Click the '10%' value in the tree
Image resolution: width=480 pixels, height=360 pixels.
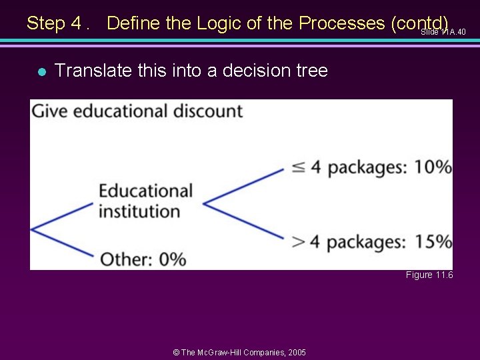click(433, 167)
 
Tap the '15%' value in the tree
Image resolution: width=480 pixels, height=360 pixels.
click(433, 241)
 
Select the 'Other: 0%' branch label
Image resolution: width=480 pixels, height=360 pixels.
click(143, 259)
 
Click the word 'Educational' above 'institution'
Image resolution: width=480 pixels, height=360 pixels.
click(145, 191)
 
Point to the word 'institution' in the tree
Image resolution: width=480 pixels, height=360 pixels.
click(139, 211)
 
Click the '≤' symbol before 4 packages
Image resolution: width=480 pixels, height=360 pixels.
click(299, 167)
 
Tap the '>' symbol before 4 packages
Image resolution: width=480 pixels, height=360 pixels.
click(299, 242)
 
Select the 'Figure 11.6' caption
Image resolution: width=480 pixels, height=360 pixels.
click(429, 275)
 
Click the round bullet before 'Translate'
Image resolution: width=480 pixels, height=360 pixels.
click(41, 71)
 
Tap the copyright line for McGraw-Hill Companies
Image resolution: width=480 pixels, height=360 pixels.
click(239, 352)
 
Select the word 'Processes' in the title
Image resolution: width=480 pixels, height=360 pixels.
click(341, 23)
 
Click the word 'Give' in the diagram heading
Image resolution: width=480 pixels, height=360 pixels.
click(51, 111)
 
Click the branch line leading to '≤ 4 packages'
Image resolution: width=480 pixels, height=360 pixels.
click(243, 185)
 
